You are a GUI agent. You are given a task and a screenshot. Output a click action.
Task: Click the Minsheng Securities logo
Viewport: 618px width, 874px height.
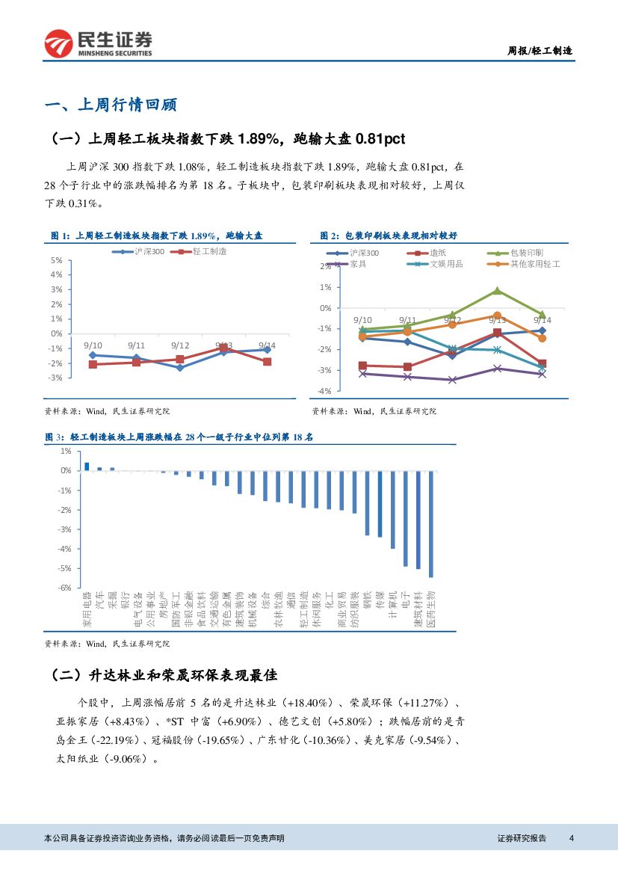98,43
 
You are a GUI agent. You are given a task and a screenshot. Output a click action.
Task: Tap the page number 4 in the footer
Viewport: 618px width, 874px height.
571,838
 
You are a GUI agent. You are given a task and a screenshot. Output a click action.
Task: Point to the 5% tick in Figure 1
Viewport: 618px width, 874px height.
57,260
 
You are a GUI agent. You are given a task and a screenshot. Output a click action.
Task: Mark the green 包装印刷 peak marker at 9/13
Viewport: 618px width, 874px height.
497,291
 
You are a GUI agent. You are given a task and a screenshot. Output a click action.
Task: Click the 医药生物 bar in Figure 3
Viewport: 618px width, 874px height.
431,524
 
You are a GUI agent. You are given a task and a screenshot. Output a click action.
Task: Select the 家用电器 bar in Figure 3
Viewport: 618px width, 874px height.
87,467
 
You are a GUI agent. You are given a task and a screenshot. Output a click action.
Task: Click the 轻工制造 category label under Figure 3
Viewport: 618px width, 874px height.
304,610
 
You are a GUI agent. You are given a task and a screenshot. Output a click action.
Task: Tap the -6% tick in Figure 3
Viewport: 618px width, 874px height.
65,588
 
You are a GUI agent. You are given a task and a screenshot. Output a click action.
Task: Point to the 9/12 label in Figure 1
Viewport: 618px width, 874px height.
179,345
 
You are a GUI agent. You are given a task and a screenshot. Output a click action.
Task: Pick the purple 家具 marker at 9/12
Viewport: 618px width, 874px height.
452,380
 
